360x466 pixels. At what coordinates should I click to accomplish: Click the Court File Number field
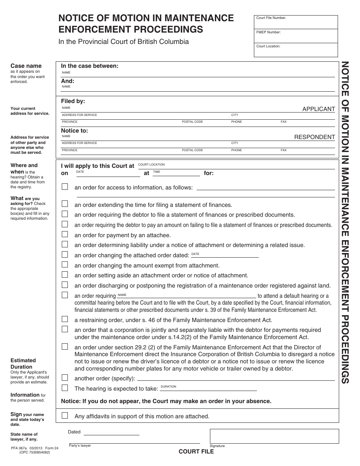coord(296,23)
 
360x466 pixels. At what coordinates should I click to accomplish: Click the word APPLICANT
coord(318,109)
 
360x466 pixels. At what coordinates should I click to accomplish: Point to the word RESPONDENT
coord(315,137)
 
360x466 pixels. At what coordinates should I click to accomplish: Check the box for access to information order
coord(65,187)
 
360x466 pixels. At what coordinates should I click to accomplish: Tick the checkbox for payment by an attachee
coord(65,235)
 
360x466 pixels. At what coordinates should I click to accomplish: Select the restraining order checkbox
coord(65,319)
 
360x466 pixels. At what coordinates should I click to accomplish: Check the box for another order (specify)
coord(65,378)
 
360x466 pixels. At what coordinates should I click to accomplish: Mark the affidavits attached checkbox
coord(65,416)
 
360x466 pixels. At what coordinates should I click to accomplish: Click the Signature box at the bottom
coord(274,436)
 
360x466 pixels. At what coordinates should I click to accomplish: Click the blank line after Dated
coord(141,432)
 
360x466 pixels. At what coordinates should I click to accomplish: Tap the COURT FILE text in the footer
coord(196,452)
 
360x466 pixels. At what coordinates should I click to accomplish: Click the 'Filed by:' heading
coord(73,101)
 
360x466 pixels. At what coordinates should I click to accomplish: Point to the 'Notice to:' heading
coord(75,130)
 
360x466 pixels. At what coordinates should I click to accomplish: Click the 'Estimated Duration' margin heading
coord(23,363)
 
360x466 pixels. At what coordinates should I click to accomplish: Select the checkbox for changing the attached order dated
coord(65,255)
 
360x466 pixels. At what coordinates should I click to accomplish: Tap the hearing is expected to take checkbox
coord(65,388)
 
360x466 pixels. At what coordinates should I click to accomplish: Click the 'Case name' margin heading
coord(26,66)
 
